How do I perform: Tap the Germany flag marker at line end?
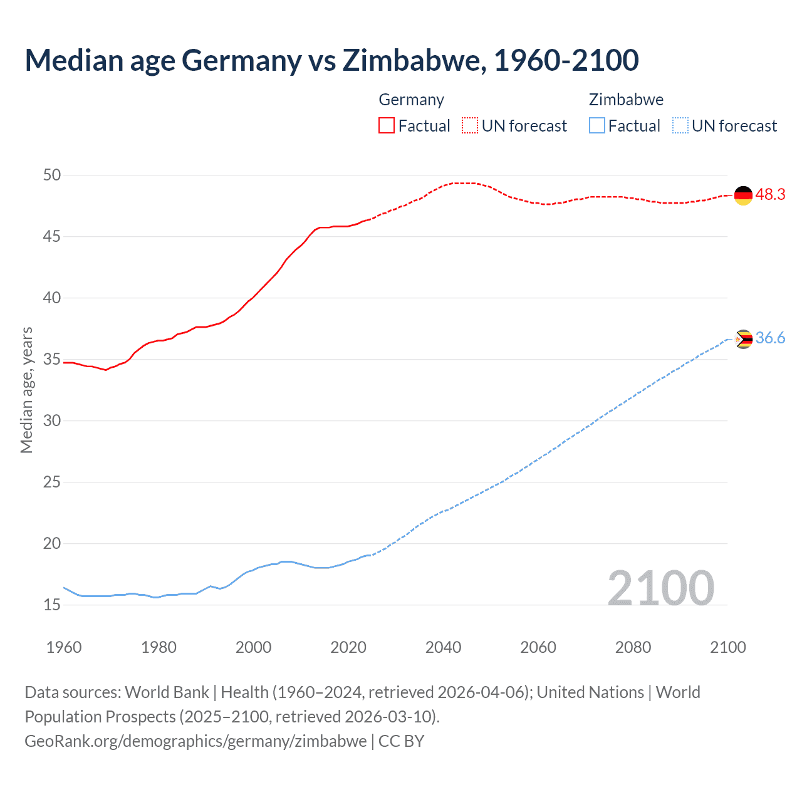tap(743, 195)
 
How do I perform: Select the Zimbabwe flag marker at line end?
tap(743, 339)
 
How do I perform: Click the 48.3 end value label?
tap(770, 195)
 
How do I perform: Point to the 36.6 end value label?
tap(770, 338)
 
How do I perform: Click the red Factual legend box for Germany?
tap(387, 126)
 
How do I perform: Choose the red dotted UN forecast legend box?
tap(470, 126)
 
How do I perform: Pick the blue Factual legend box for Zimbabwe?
tap(596, 126)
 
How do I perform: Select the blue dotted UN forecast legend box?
tap(680, 126)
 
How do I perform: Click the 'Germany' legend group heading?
tap(411, 100)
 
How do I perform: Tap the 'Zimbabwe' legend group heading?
tap(626, 100)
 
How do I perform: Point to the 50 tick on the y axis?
tap(52, 175)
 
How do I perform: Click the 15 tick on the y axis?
tap(52, 605)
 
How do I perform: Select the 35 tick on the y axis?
tap(52, 360)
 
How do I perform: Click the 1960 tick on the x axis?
tap(64, 647)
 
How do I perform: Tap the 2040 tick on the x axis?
tap(443, 647)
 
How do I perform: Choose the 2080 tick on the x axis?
tap(633, 647)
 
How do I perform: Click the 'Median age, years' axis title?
tap(26, 390)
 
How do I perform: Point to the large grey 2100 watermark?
tap(660, 588)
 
